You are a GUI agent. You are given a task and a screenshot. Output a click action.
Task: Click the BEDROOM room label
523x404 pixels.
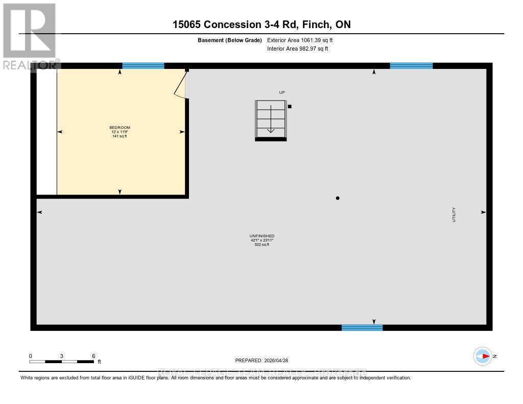120,127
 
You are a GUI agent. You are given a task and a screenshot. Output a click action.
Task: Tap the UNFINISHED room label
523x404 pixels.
263,236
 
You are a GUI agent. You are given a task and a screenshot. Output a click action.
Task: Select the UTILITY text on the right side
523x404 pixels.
454,215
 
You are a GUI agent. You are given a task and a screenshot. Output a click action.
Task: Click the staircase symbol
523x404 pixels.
271,120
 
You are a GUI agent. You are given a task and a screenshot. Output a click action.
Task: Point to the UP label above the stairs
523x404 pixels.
281,92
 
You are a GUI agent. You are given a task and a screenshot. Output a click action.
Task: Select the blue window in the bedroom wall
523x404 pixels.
143,65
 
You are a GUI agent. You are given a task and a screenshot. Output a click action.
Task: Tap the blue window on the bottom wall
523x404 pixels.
362,327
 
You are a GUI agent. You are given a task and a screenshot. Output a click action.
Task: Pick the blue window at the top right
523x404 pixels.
411,65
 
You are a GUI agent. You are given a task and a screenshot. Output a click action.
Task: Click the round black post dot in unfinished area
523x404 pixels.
338,198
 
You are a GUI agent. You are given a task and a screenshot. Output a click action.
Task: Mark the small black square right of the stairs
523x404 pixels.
290,106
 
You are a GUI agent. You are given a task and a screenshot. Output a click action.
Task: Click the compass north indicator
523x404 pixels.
483,356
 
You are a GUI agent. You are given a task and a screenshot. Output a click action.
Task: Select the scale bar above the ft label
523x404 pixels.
61,362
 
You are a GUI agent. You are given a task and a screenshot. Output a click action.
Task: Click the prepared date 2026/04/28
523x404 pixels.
265,360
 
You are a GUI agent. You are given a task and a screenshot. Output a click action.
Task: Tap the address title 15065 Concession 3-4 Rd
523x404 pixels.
261,25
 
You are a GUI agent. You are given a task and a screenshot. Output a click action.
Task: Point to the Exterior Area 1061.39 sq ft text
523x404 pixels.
300,40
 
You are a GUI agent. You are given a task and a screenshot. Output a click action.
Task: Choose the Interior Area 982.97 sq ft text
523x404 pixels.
297,49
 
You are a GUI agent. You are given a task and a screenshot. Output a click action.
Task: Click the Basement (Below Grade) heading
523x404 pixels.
229,40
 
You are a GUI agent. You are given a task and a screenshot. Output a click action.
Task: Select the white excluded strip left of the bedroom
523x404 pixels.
46,132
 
